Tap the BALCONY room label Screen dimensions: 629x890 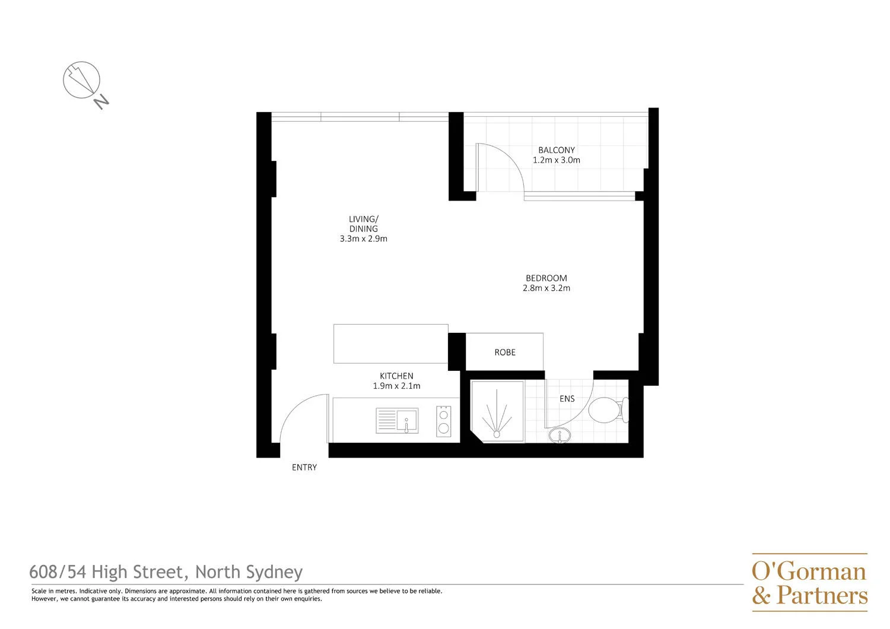[557, 150]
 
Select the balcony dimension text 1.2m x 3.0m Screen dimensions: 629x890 [557, 160]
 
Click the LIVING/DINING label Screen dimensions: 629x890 [364, 224]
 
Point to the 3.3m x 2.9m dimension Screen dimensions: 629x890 [364, 239]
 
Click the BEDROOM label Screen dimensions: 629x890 [546, 278]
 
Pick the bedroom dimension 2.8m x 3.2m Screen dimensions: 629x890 [546, 288]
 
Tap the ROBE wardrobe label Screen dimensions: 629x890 [505, 352]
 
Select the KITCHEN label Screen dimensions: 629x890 [396, 376]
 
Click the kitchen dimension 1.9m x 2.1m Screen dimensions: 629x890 [396, 386]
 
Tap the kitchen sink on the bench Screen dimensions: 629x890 [397, 421]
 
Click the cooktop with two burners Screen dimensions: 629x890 [443, 421]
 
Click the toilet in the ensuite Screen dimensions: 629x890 [609, 409]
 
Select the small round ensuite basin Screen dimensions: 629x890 [559, 436]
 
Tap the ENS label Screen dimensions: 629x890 [567, 399]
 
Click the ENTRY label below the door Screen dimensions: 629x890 [304, 468]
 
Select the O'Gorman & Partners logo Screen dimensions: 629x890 [809, 583]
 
